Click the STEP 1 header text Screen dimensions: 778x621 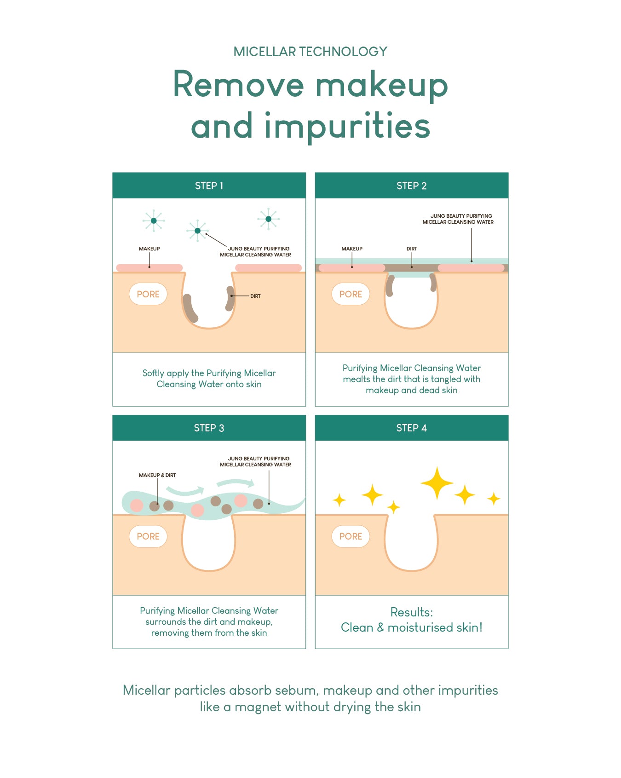point(209,186)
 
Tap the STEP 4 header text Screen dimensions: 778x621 point(411,428)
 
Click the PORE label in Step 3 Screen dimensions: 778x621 point(148,536)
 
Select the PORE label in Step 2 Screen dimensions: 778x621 point(351,294)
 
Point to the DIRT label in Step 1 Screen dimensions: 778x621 point(255,296)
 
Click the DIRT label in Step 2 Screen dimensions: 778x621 point(412,249)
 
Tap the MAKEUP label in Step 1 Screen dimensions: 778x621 point(149,249)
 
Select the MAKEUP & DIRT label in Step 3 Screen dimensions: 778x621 point(157,475)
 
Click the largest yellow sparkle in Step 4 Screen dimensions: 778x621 point(437,483)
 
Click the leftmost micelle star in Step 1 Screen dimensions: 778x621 point(154,221)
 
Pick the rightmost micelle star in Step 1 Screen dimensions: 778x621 point(268,219)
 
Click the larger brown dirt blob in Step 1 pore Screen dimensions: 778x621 point(190,308)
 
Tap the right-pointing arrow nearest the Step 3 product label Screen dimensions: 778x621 point(236,483)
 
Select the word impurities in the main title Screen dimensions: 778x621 point(347,126)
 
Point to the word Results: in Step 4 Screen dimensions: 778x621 point(411,612)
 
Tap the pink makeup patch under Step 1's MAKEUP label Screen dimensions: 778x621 point(149,268)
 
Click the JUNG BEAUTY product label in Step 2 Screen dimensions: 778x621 point(458,219)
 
